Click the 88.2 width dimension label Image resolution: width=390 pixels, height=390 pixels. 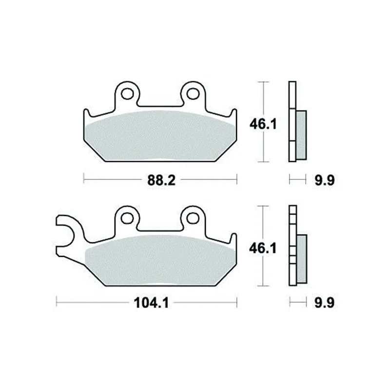click(x=161, y=180)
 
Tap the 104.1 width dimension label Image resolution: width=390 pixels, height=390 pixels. click(x=151, y=303)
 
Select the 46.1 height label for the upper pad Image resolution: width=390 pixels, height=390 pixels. click(x=263, y=124)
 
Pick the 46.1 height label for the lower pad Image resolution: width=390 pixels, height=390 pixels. click(x=263, y=248)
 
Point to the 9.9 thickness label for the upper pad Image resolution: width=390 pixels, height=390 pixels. click(x=325, y=180)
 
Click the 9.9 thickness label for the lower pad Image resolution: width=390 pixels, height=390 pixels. click(x=324, y=303)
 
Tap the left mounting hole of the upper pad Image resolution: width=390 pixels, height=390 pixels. click(x=127, y=94)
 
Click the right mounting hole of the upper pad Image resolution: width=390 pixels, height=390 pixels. click(x=193, y=94)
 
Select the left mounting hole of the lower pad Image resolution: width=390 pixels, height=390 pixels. click(x=127, y=218)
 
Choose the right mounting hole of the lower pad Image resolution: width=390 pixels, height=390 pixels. click(x=193, y=218)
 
